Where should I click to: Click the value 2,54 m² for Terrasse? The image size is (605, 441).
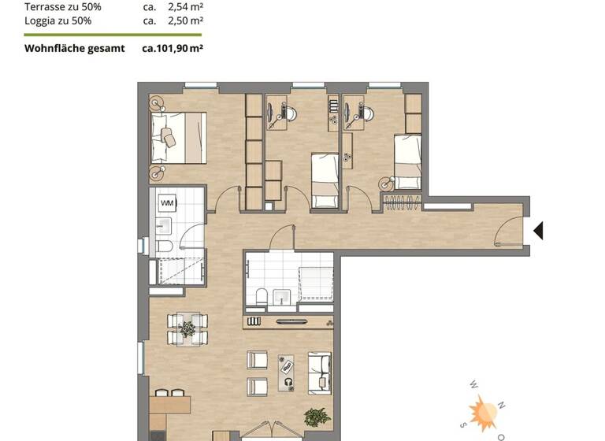tap(186, 7)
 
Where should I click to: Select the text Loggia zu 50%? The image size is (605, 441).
tap(58, 20)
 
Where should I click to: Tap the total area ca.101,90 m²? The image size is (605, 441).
tap(173, 48)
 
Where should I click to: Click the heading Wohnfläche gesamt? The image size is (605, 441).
tap(75, 48)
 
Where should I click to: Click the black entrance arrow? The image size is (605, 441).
tap(540, 231)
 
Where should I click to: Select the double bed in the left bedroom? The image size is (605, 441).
tap(179, 137)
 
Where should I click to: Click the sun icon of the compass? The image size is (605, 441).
tap(482, 412)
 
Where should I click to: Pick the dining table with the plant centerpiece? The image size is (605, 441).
tap(187, 328)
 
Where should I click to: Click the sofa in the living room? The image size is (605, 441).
tap(318, 371)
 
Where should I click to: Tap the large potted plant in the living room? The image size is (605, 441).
tap(317, 417)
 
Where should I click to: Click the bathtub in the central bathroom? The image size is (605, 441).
tap(317, 283)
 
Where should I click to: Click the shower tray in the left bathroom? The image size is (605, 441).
tap(180, 272)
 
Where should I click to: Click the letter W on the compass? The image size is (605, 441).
tap(473, 386)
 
